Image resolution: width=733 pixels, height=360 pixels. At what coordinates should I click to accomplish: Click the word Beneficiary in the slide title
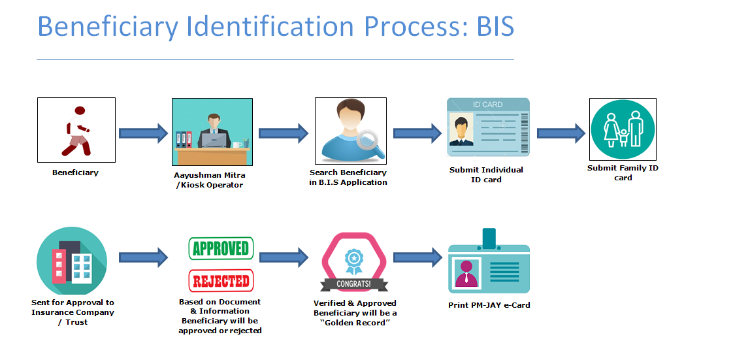(107, 27)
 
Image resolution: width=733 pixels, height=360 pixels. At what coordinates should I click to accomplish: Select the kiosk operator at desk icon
(212, 132)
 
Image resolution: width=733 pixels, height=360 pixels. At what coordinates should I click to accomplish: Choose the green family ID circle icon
(623, 129)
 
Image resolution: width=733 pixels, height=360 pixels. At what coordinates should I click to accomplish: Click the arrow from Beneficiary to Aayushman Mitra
(143, 133)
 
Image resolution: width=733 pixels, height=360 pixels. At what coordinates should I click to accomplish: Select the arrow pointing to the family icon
(561, 133)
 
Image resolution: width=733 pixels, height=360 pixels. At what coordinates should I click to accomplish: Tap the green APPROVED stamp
(221, 248)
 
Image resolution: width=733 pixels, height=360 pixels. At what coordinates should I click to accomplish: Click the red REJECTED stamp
(221, 280)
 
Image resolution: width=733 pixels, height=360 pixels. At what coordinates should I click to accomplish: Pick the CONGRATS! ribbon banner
(353, 284)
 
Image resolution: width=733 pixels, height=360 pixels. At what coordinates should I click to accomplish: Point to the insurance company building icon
(72, 262)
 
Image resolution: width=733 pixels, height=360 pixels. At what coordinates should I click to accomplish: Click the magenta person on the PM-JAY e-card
(466, 274)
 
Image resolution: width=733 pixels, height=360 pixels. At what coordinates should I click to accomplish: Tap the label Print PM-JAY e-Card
(489, 305)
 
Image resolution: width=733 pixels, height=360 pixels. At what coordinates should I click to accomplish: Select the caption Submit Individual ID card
(486, 175)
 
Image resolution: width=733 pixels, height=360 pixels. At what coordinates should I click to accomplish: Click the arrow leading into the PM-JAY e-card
(417, 257)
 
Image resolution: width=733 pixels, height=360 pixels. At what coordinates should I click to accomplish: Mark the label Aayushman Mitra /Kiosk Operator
(210, 180)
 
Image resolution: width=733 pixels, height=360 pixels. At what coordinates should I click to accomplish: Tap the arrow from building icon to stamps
(143, 257)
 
